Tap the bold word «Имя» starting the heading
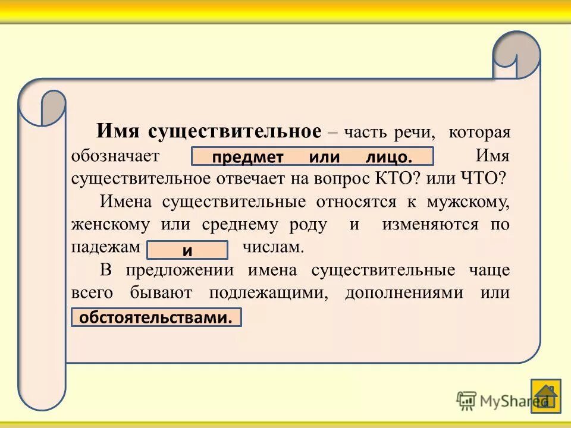pos(119,131)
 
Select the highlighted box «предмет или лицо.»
pos(312,157)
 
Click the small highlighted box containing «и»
pos(187,250)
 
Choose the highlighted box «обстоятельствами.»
pos(156,317)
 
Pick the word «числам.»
pos(274,247)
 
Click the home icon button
pos(545,395)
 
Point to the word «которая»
pos(479,133)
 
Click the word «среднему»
pos(240,225)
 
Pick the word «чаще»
pos(491,270)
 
